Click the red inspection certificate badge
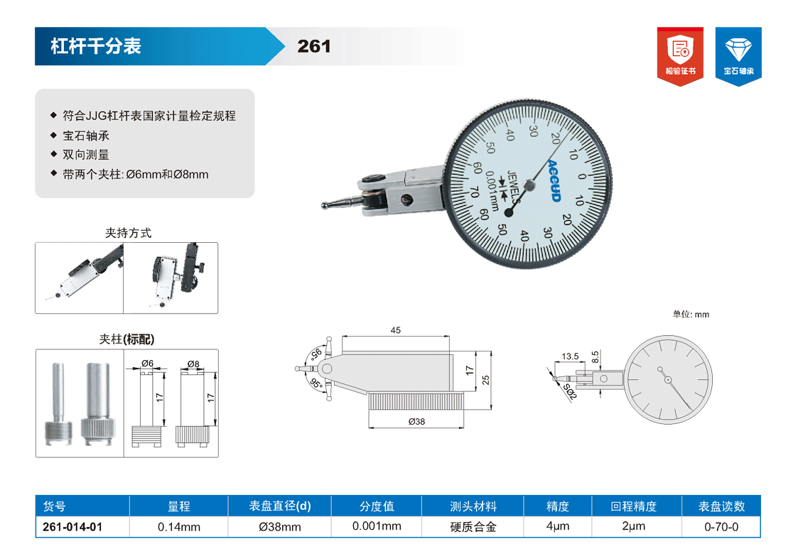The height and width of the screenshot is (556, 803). (x=680, y=56)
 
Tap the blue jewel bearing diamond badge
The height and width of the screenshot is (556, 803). (x=738, y=56)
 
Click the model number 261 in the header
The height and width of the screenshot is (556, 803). (x=314, y=47)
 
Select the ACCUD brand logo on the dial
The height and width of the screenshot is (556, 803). (x=554, y=181)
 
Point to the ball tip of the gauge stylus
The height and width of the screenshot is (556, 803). (x=325, y=205)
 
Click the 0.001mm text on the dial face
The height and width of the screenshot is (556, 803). (x=492, y=191)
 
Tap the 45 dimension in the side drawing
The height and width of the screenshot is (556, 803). (x=395, y=330)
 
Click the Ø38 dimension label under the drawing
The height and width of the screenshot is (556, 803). (x=417, y=421)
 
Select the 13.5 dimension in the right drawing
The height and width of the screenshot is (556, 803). (x=570, y=356)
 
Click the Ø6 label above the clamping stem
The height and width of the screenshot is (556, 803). (x=148, y=363)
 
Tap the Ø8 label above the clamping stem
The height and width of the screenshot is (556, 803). (x=193, y=364)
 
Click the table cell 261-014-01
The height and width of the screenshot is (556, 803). (x=72, y=527)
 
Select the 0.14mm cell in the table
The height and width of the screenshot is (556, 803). (x=179, y=527)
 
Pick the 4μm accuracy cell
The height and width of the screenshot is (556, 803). (x=558, y=526)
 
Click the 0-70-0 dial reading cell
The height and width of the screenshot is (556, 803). (x=721, y=527)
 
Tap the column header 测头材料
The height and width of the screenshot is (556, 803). (x=473, y=506)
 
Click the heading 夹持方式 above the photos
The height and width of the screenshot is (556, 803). (x=128, y=233)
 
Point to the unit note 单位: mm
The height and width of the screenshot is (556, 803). (x=691, y=315)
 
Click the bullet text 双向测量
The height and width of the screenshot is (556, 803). (x=86, y=155)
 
